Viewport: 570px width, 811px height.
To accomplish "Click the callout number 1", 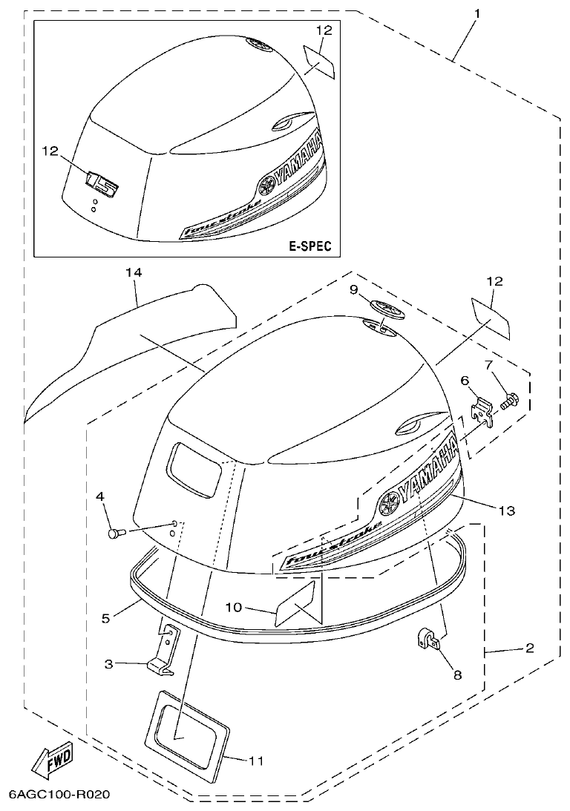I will coord(477,13).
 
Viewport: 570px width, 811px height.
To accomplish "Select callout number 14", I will coord(133,274).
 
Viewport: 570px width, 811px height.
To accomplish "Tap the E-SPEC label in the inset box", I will coord(309,246).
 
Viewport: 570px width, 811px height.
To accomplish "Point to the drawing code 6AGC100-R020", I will coord(59,795).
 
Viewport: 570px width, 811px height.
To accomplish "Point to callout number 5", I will coord(107,617).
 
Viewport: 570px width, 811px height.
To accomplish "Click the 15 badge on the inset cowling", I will coord(102,182).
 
